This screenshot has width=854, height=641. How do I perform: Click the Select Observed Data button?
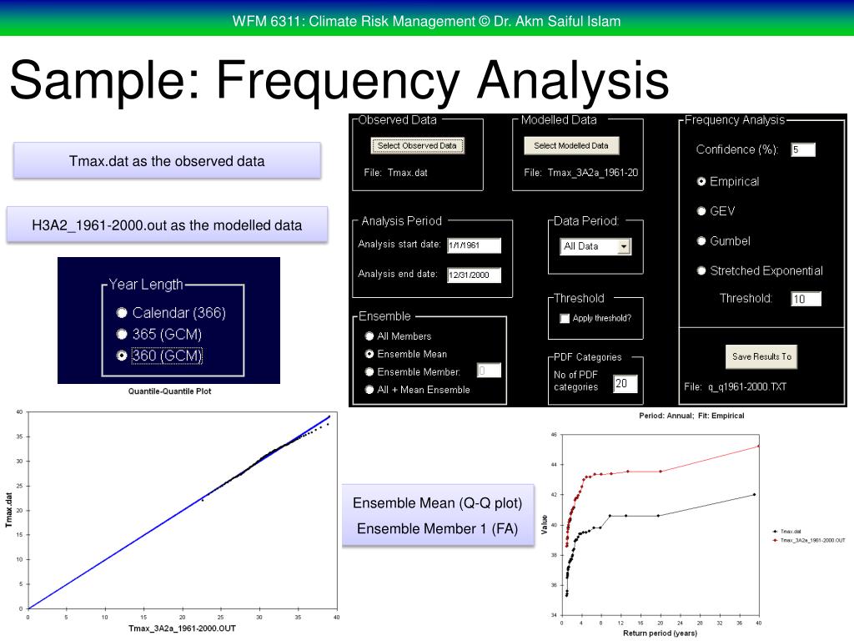(x=416, y=145)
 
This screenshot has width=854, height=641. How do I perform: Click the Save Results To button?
(x=761, y=356)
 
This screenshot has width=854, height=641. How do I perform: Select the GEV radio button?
(x=702, y=211)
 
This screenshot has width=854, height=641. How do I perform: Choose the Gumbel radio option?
(x=702, y=241)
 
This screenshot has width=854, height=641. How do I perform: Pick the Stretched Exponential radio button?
(x=702, y=271)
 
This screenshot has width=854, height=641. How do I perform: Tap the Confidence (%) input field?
(x=803, y=150)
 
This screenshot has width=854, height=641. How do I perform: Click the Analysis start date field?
(x=474, y=245)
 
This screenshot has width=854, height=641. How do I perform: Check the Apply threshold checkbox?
(x=565, y=318)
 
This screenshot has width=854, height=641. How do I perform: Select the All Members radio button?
(x=369, y=336)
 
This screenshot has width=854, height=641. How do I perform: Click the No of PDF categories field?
(x=625, y=384)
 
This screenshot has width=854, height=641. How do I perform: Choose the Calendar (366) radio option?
(x=123, y=313)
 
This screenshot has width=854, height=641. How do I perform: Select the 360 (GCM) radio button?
(x=123, y=356)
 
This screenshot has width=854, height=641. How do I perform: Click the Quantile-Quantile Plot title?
(x=169, y=391)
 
